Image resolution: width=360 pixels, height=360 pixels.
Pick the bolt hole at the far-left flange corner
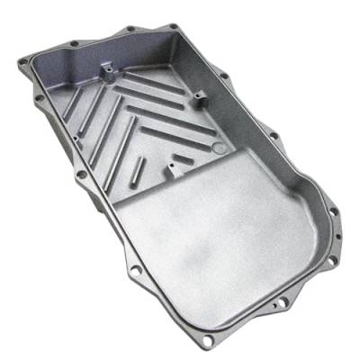[x=22, y=62]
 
